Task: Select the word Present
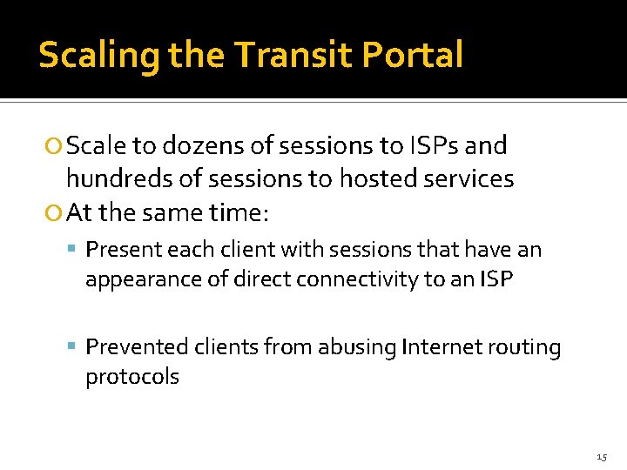(x=122, y=250)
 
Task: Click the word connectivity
(x=367, y=279)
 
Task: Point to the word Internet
(x=441, y=347)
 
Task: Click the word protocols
(x=131, y=378)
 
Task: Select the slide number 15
(x=602, y=456)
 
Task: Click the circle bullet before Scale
(x=56, y=147)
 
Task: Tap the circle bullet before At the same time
(x=56, y=212)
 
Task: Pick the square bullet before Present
(x=77, y=251)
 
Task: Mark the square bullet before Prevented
(x=77, y=348)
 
